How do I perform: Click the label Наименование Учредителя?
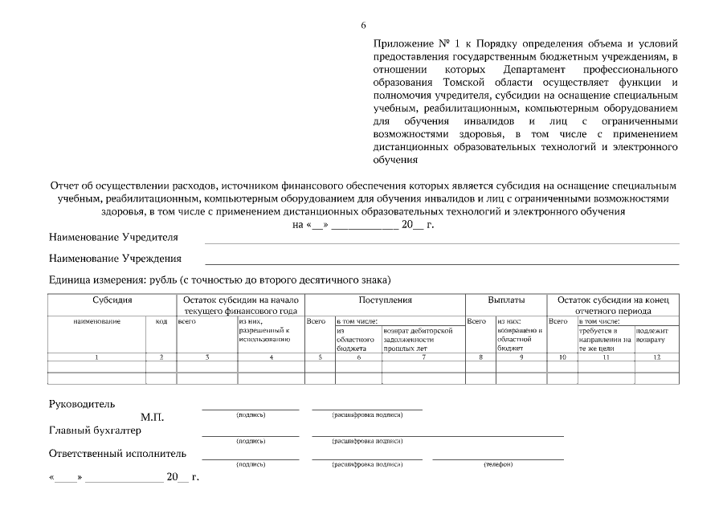pos(113,238)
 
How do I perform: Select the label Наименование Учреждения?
pos(115,259)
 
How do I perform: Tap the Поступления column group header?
pos(385,300)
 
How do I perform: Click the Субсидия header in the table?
pos(108,300)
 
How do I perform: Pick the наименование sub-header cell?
pos(96,321)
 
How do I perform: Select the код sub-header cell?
pos(161,321)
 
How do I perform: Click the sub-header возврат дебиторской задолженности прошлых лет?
pos(423,339)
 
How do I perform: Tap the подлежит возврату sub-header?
pos(651,335)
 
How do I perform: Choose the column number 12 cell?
pos(656,357)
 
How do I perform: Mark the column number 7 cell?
pos(423,357)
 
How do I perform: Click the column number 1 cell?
pos(96,357)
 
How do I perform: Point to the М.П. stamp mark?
pos(152,418)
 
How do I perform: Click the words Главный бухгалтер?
pos(95,430)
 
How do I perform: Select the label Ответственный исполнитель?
pos(117,454)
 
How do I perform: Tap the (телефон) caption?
pos(498,464)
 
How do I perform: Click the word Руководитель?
pos(82,404)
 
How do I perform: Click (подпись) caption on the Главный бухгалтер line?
pos(251,441)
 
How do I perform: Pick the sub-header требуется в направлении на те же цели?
pos(605,339)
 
